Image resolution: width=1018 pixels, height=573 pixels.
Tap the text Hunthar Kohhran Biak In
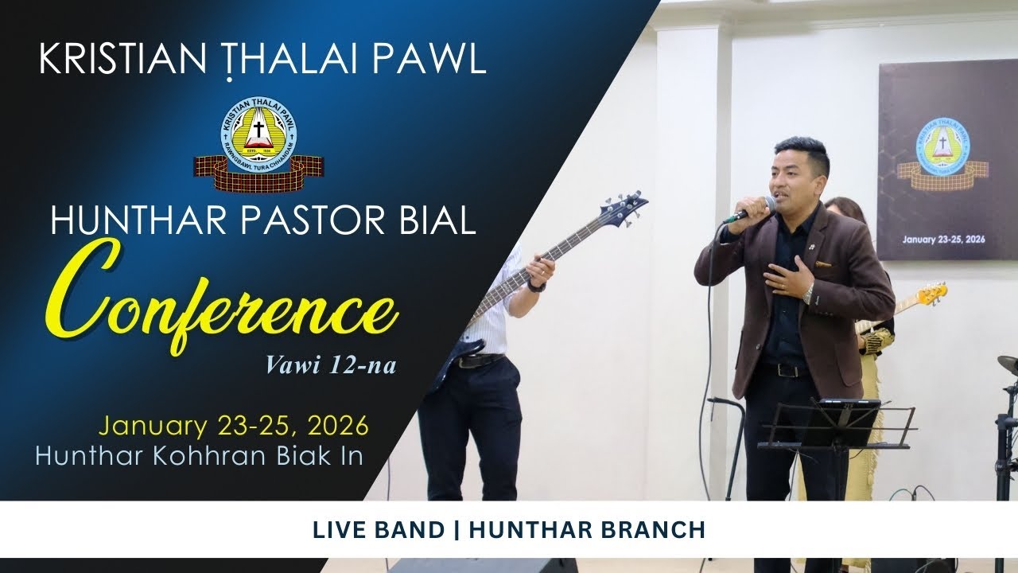(199, 454)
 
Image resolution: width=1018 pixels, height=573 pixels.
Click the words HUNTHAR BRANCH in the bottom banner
(587, 530)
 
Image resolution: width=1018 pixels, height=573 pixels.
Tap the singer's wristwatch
(808, 294)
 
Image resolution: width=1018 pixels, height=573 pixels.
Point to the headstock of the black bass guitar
(625, 205)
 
